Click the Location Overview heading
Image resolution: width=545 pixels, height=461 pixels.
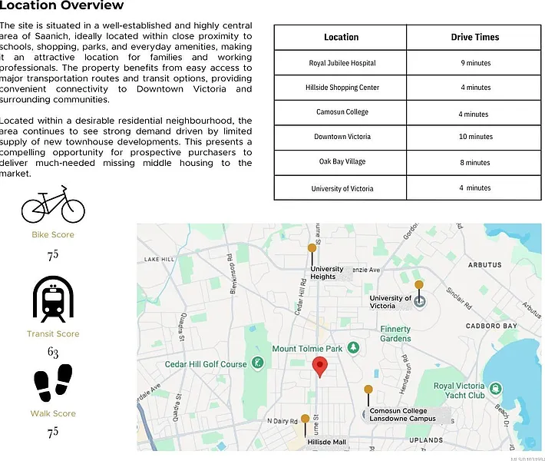62,6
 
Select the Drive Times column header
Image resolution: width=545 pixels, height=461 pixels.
474,37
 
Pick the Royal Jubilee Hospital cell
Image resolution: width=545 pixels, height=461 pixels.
342,63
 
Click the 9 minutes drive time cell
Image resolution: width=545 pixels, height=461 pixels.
474,63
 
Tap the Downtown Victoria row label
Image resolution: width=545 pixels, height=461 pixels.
342,137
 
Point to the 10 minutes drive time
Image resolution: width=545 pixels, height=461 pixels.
474,137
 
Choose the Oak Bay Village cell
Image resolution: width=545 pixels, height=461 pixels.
342,162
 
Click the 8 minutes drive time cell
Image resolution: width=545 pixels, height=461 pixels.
474,163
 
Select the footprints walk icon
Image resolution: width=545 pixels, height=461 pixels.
53,383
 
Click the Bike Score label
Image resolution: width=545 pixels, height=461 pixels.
53,234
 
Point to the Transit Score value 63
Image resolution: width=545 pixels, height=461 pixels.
53,353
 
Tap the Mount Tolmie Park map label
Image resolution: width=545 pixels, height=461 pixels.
307,349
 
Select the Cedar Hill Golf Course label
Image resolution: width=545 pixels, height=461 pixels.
206,364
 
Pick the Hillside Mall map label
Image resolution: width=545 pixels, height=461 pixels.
326,442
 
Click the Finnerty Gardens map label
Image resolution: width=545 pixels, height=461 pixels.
395,333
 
